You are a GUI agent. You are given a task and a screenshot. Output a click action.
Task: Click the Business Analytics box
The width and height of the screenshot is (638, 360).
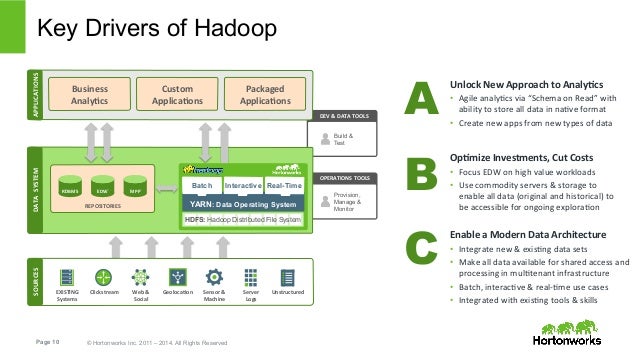point(90,95)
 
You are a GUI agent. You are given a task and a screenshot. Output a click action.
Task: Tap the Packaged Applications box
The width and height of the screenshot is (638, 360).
point(252,95)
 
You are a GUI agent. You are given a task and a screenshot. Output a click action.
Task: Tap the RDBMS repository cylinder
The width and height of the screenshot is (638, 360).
point(70,189)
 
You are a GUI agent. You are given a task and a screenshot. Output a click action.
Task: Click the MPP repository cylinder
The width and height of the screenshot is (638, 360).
point(134,189)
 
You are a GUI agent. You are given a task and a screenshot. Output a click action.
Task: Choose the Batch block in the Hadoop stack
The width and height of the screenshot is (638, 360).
point(202,186)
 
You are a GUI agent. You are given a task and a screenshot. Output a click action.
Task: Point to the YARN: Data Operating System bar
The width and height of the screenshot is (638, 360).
point(241,203)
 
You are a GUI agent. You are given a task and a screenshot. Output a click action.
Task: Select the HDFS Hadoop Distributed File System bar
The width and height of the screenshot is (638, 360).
point(241,219)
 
